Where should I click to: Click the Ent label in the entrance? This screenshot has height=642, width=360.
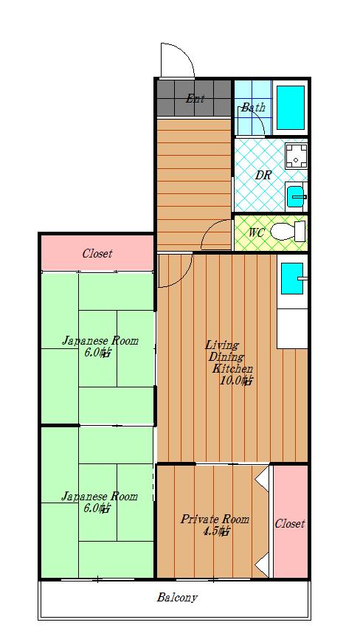[x=195, y=99]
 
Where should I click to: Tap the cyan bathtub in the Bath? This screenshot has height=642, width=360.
[x=291, y=108]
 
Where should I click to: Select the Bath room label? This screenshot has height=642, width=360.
[x=252, y=108]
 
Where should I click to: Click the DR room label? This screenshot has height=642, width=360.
[x=263, y=176]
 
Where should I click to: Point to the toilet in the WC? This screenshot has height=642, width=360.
[x=288, y=231]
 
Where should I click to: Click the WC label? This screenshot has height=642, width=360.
[x=257, y=232]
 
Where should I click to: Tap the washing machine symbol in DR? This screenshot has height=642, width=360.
[x=296, y=156]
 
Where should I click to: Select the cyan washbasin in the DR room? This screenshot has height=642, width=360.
[x=296, y=196]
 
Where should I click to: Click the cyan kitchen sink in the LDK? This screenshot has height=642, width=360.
[x=292, y=278]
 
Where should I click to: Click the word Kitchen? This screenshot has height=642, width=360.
[x=232, y=368]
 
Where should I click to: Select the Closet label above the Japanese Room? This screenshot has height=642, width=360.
[x=97, y=253]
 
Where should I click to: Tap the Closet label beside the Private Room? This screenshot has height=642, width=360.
[x=290, y=523]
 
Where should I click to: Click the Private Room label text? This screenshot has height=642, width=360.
[x=215, y=520]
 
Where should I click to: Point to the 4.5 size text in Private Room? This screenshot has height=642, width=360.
[x=216, y=532]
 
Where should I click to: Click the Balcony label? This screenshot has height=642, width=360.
[x=177, y=598]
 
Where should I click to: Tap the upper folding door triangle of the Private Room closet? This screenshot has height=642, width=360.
[x=263, y=479]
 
